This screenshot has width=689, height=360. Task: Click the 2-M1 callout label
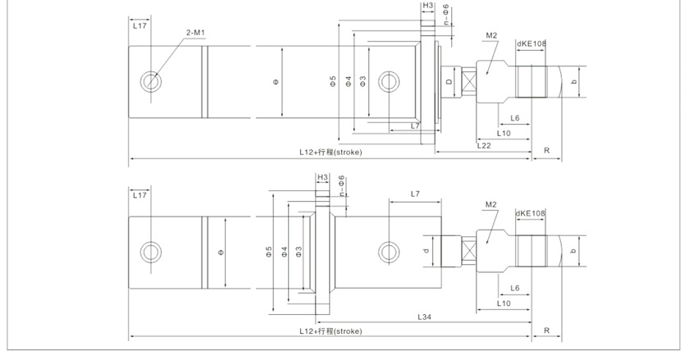pyautogui.click(x=194, y=32)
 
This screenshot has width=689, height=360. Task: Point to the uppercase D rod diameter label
pyautogui.click(x=449, y=82)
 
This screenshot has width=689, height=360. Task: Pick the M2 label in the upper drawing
pyautogui.click(x=492, y=35)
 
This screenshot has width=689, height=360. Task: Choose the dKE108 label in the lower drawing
pyautogui.click(x=531, y=213)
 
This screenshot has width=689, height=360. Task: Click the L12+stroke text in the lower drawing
pyautogui.click(x=331, y=331)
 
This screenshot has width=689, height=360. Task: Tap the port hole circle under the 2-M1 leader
pyautogui.click(x=151, y=80)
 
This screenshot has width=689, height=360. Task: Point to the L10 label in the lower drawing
pyautogui.click(x=504, y=303)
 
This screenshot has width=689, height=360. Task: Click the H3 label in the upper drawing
pyautogui.click(x=428, y=6)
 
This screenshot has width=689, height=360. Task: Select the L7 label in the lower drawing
pyautogui.click(x=415, y=194)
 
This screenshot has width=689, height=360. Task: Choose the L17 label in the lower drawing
pyautogui.click(x=139, y=195)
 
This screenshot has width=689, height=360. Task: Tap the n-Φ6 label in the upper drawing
pyautogui.click(x=445, y=14)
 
